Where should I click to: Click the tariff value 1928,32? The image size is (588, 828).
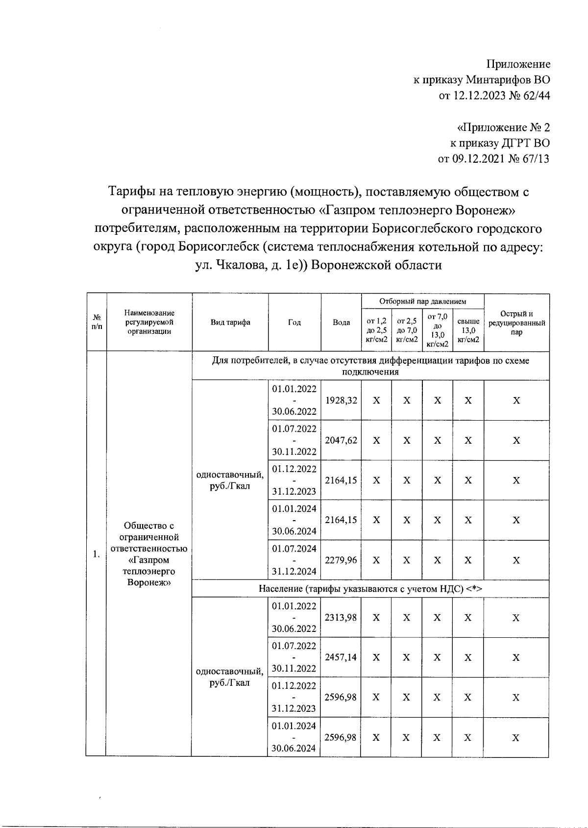pyautogui.click(x=341, y=401)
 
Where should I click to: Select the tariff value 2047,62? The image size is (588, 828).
pyautogui.click(x=341, y=440)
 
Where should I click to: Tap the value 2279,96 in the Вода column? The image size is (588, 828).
pyautogui.click(x=341, y=560)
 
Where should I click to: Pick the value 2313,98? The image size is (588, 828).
pyautogui.click(x=341, y=618)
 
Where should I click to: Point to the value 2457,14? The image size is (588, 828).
pyautogui.click(x=341, y=657)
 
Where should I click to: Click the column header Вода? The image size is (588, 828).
pyautogui.click(x=341, y=323)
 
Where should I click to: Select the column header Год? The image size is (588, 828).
pyautogui.click(x=294, y=323)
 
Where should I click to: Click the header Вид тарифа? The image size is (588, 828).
pyautogui.click(x=230, y=323)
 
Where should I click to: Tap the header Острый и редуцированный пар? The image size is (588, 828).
pyautogui.click(x=516, y=323)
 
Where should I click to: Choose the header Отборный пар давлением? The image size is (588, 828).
pyautogui.click(x=422, y=301)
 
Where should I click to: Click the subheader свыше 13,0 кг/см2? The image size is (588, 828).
pyautogui.click(x=468, y=330)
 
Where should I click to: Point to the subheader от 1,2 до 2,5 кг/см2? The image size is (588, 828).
pyautogui.click(x=376, y=330)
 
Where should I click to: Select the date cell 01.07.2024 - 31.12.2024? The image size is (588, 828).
pyautogui.click(x=294, y=560)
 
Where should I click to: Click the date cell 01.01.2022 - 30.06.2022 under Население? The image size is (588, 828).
pyautogui.click(x=294, y=618)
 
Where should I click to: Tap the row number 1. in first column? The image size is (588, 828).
pyautogui.click(x=97, y=554)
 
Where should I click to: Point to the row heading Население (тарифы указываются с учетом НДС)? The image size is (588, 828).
pyautogui.click(x=370, y=589)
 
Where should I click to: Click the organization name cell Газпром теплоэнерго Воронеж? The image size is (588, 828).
pyautogui.click(x=149, y=554)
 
